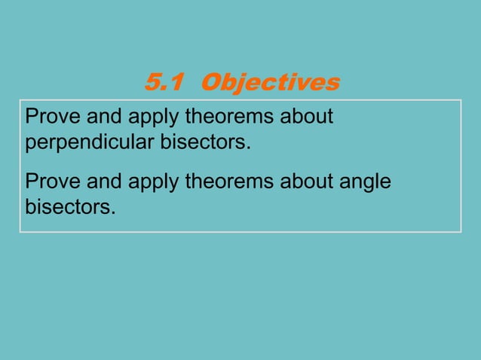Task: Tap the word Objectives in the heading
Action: (x=271, y=82)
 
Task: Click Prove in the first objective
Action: (x=49, y=118)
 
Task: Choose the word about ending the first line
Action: (x=308, y=118)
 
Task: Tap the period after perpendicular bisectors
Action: (x=247, y=147)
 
